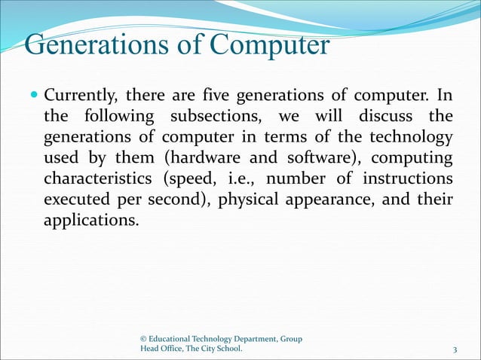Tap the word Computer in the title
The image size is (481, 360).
[x=269, y=44]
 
